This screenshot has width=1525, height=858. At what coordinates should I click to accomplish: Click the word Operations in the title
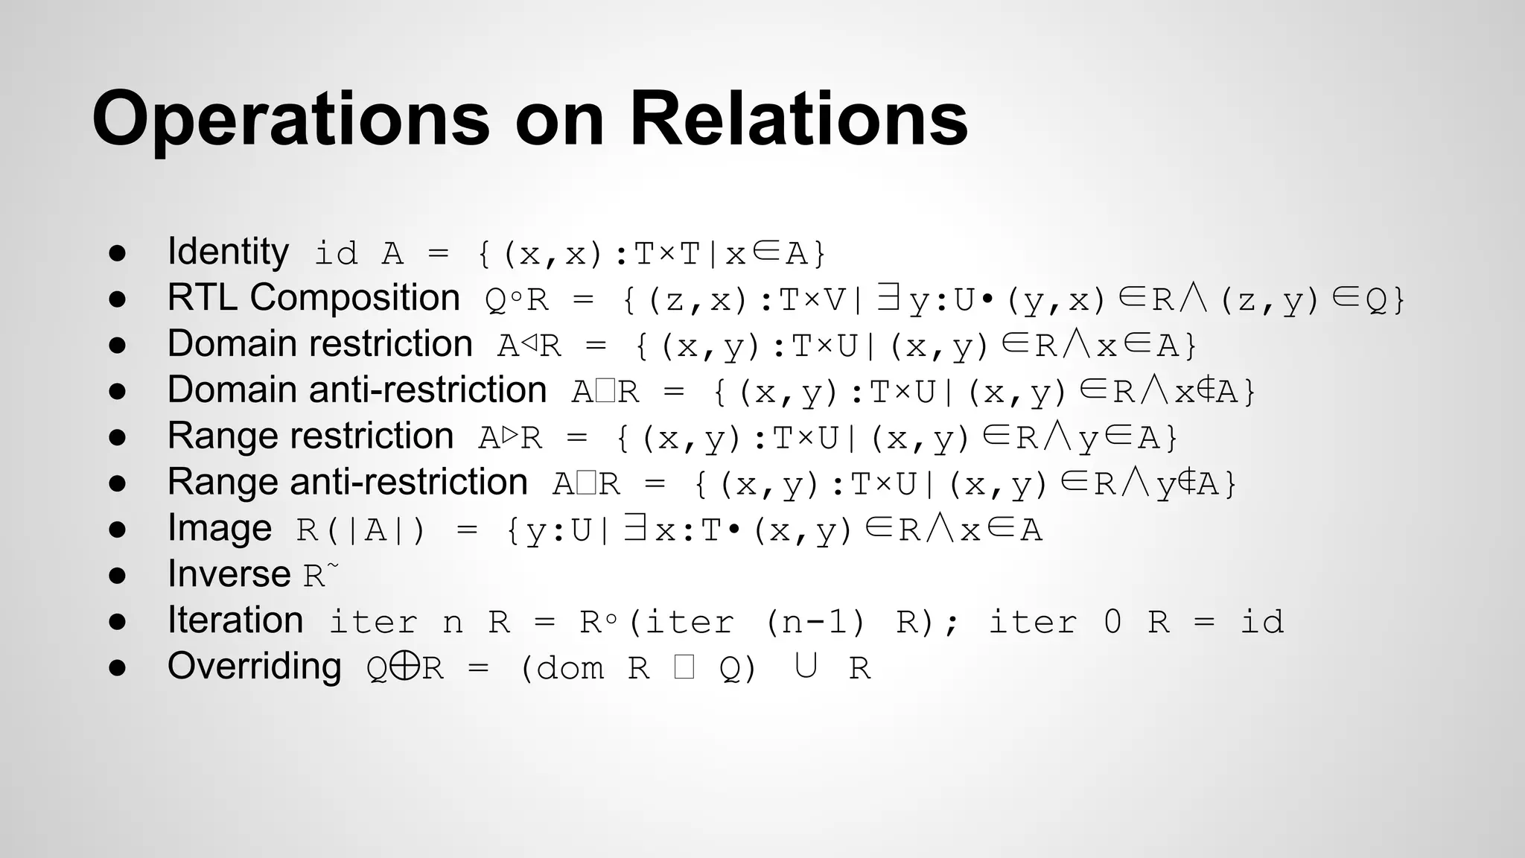(x=290, y=119)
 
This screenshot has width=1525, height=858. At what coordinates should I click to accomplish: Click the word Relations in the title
(x=798, y=119)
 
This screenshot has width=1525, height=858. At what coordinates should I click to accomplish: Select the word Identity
(x=228, y=252)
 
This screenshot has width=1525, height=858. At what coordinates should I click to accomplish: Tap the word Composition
(x=354, y=298)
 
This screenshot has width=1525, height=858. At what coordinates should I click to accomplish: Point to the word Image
(x=220, y=528)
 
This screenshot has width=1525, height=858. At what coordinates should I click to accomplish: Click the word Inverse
(x=229, y=574)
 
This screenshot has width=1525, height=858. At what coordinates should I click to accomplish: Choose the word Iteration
(x=235, y=620)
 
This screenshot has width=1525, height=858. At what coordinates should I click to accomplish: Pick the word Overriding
(x=254, y=667)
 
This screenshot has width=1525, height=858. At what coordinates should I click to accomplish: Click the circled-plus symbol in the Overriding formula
(x=404, y=667)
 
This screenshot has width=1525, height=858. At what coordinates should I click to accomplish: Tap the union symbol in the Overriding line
(x=805, y=665)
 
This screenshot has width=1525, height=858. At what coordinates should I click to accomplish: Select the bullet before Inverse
(x=117, y=576)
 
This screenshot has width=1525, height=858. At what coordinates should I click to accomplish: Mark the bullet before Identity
(x=117, y=253)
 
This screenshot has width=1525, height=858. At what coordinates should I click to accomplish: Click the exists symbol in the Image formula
(x=634, y=529)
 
